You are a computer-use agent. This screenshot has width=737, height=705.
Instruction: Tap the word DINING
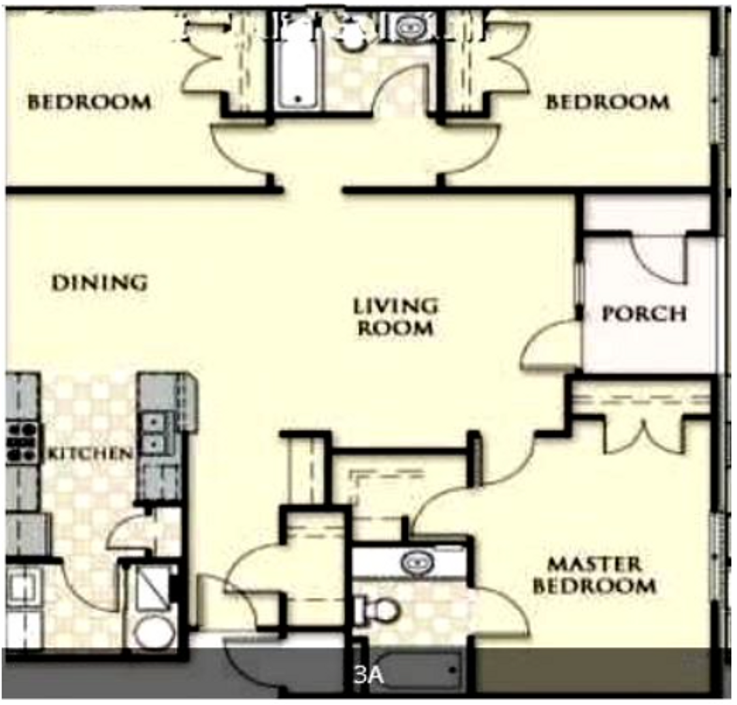click(x=99, y=283)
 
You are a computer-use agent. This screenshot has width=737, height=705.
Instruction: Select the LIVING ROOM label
click(x=395, y=316)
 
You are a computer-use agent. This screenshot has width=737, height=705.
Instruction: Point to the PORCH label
click(x=644, y=314)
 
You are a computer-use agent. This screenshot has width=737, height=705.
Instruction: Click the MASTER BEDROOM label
click(x=595, y=574)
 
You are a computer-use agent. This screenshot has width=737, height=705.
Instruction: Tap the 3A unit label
click(x=368, y=675)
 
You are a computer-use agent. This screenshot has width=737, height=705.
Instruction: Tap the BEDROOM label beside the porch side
click(x=607, y=102)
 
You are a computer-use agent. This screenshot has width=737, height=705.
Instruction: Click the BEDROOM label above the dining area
click(x=89, y=102)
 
